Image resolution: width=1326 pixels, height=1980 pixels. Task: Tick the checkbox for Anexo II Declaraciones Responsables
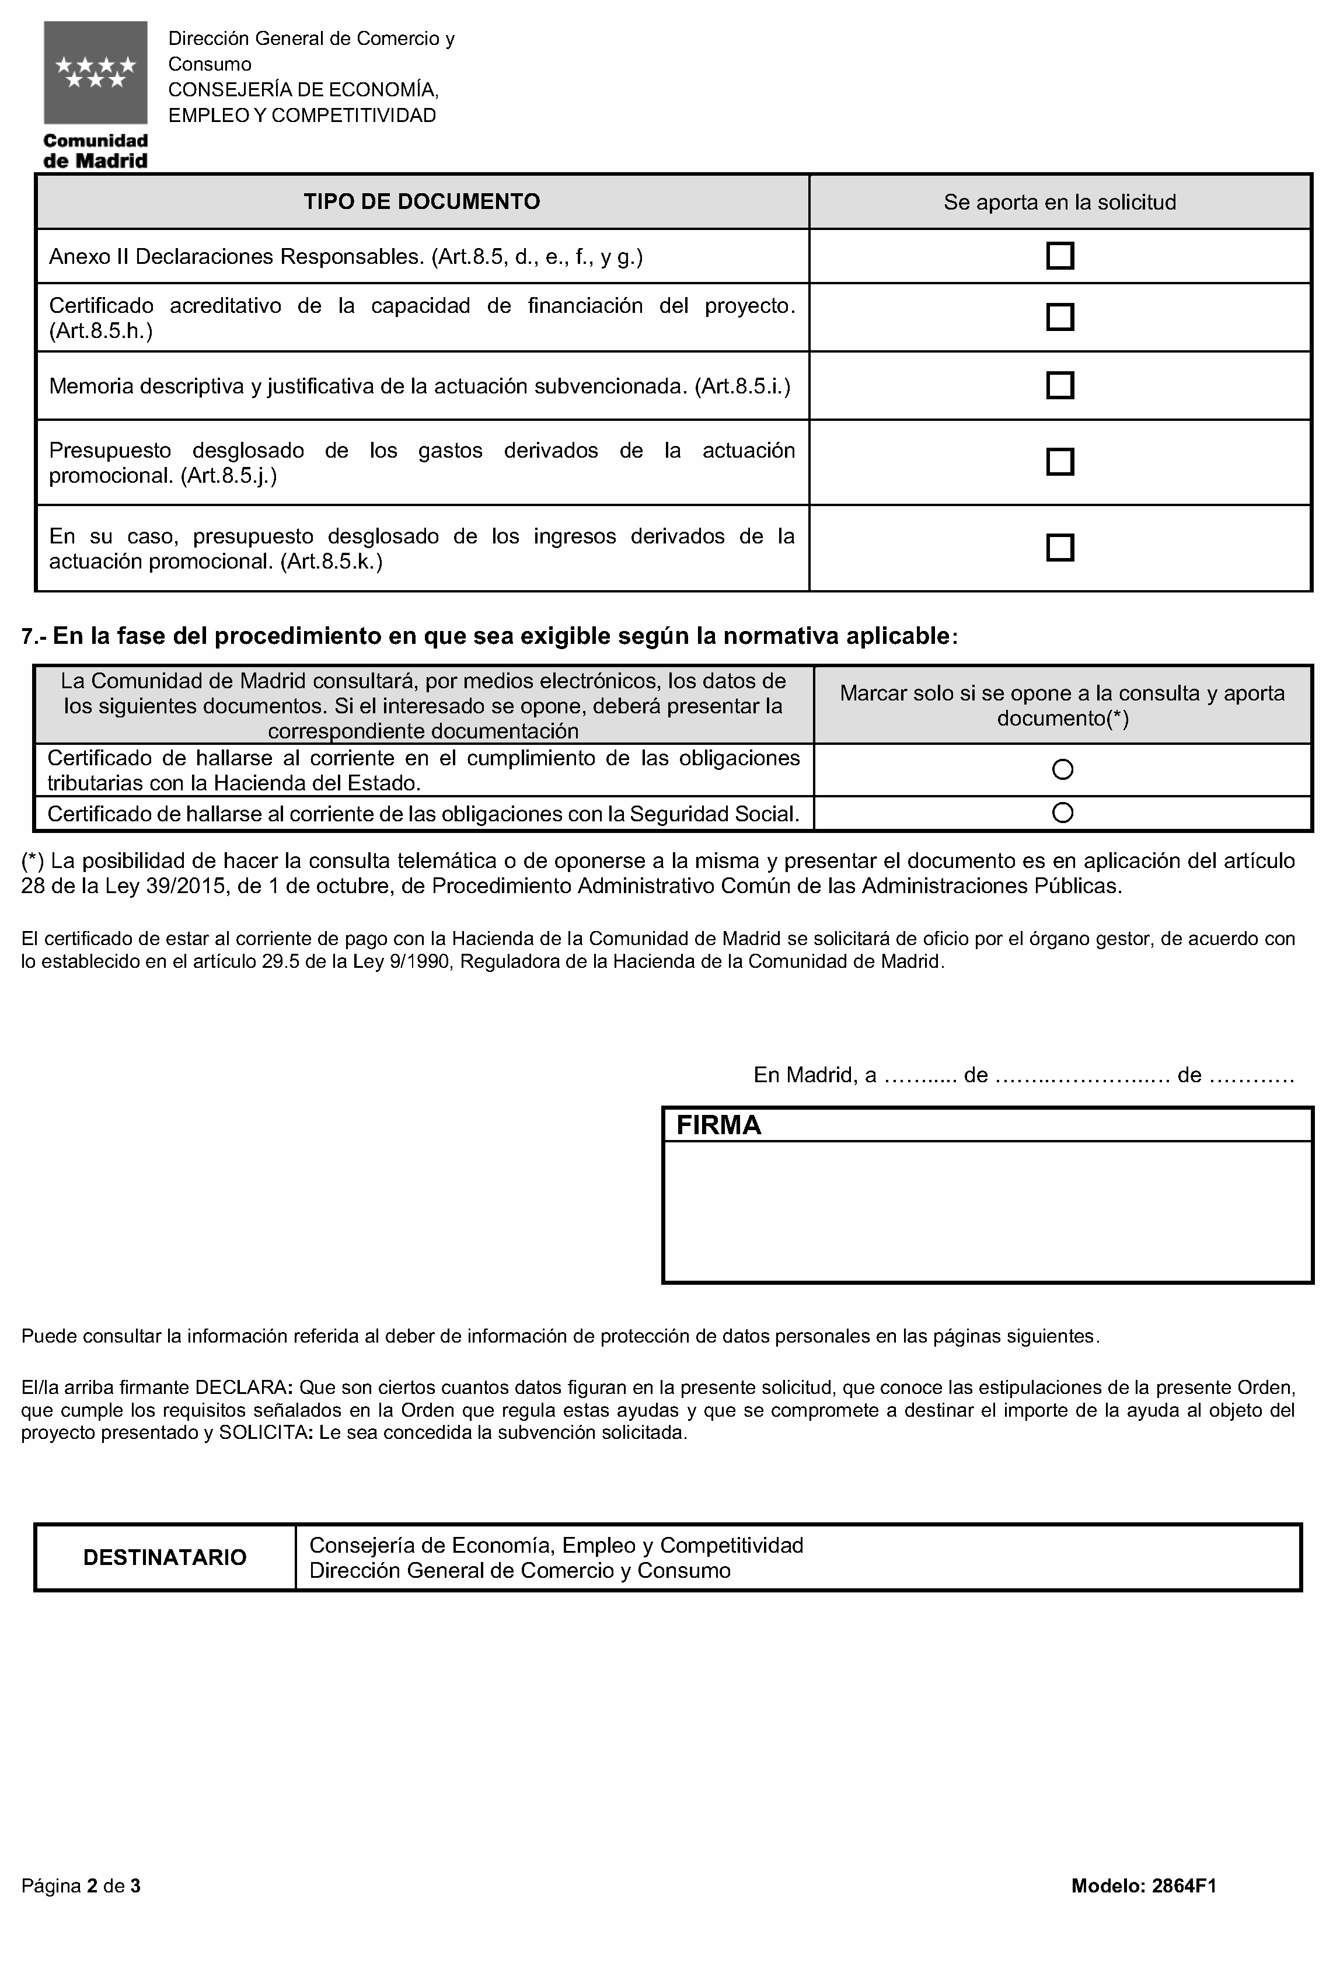coord(1060,256)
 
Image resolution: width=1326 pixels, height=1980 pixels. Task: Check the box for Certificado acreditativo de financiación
coord(1060,317)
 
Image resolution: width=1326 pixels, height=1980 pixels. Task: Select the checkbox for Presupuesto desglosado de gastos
coord(1060,462)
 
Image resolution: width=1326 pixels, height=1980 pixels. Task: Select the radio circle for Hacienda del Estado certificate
coord(1062,770)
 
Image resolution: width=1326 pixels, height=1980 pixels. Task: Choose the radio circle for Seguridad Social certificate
coord(1062,813)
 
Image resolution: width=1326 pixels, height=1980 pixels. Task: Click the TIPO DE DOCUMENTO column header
coord(422,201)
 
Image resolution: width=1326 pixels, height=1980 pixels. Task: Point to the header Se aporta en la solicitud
coord(1060,202)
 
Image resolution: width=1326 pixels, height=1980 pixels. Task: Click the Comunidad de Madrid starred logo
coord(96,73)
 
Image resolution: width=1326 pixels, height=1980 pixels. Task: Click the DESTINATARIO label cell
coord(165,1558)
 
